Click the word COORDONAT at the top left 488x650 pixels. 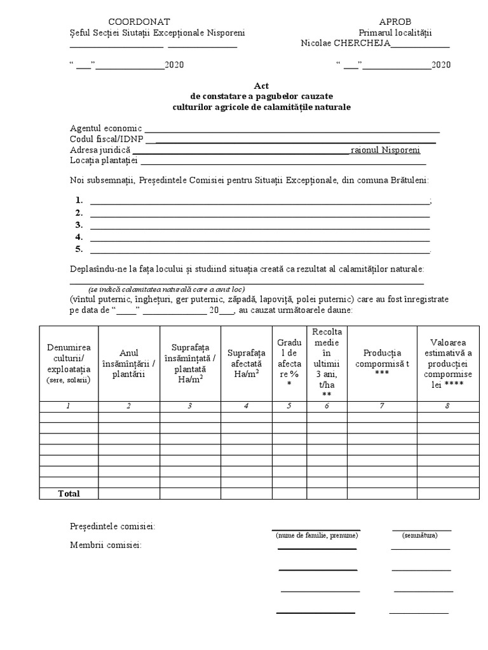coord(139,22)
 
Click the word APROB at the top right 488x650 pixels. coord(395,22)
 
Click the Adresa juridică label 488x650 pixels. coord(100,150)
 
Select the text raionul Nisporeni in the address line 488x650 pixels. coord(385,150)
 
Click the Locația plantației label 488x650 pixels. coord(104,161)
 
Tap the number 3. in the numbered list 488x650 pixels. coord(79,225)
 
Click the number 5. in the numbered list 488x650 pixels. coord(79,249)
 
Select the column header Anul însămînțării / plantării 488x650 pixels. coord(128,363)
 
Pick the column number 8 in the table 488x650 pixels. coord(447,406)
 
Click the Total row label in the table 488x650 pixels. coord(69,493)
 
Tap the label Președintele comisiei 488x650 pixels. coord(112,526)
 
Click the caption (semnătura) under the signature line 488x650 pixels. coord(419,536)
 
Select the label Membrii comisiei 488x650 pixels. coord(105,545)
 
